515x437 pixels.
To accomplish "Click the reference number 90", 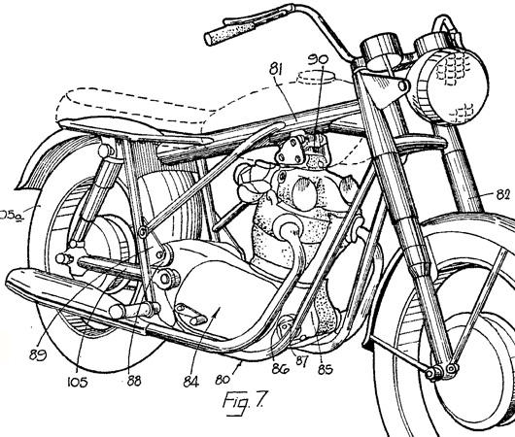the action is [318, 59].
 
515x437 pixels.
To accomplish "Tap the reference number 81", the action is [276, 69].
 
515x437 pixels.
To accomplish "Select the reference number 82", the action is [502, 194].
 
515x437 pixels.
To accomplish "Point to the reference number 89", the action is [38, 354].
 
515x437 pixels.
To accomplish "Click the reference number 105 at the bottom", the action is [78, 382].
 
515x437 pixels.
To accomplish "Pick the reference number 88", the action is [134, 381].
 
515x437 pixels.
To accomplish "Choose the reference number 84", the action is [191, 382].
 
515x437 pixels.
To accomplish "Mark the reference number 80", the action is [223, 380].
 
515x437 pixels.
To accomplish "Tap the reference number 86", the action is [280, 369].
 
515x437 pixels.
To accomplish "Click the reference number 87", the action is [301, 361].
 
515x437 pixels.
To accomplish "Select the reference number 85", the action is [326, 369].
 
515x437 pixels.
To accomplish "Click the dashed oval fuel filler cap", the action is [316, 78].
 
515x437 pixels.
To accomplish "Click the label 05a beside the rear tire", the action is [10, 216].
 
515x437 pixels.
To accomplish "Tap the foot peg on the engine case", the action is [190, 314].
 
